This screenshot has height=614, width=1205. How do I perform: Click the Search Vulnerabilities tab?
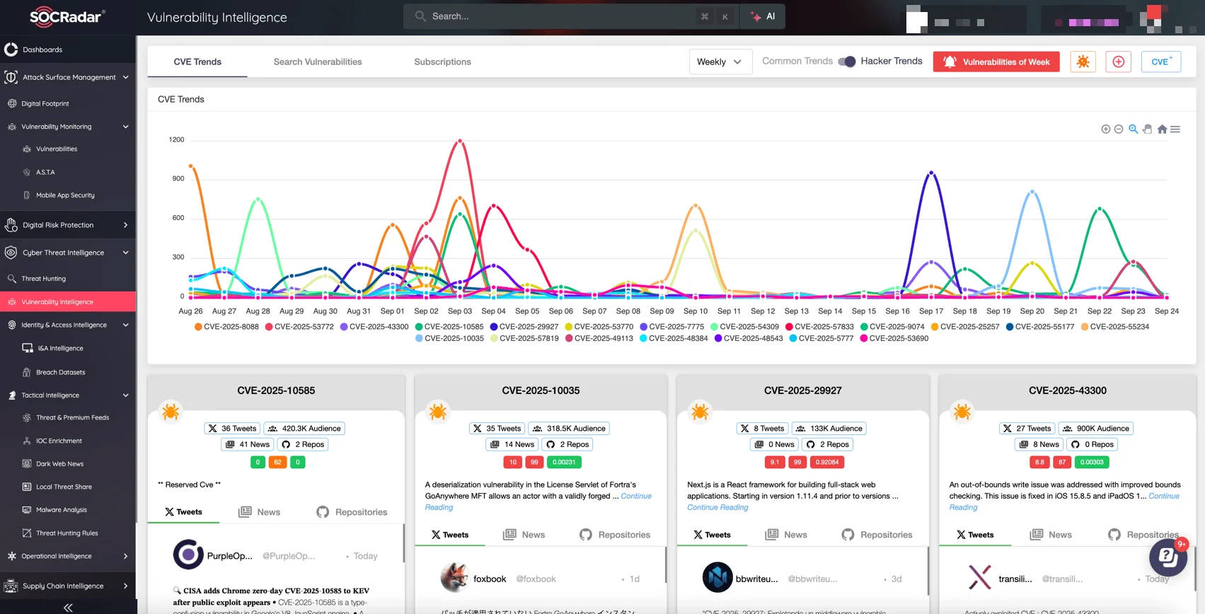(318, 62)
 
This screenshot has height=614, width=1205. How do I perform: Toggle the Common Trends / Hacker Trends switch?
(847, 62)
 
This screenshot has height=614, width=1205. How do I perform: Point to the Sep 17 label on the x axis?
(930, 311)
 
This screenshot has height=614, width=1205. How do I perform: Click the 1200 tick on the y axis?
(176, 140)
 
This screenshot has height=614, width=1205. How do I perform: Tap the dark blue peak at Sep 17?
(931, 173)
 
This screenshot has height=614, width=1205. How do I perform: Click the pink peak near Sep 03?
(460, 141)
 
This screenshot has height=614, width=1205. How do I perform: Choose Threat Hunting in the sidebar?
(44, 279)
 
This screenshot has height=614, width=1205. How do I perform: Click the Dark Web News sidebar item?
(59, 464)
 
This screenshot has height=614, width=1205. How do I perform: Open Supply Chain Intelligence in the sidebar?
(63, 586)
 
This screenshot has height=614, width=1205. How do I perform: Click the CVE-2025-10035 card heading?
(541, 390)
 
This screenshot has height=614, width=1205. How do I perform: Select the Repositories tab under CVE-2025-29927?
(877, 535)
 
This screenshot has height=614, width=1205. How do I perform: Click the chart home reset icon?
(1162, 129)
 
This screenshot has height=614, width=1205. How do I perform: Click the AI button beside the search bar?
(763, 16)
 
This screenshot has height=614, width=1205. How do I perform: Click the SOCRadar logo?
(67, 17)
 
